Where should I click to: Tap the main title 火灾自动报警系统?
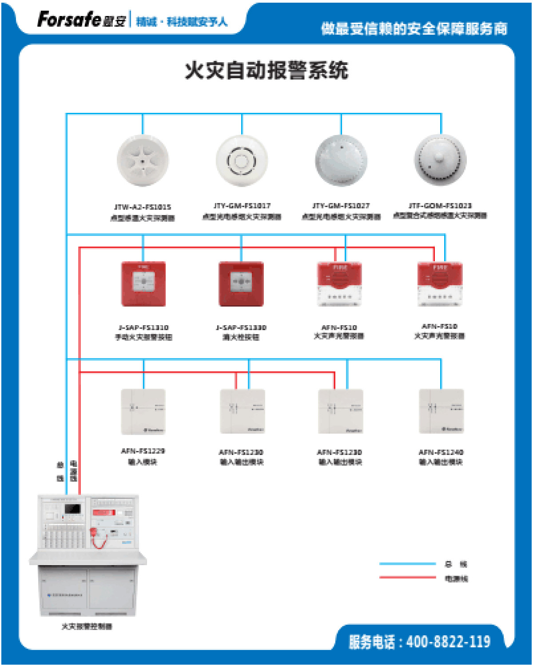[x=266, y=71]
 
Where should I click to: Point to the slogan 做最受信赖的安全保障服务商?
[x=414, y=28]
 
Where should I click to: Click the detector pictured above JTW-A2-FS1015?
[x=143, y=160]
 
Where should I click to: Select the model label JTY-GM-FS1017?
[x=242, y=206]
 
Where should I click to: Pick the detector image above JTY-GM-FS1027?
[x=341, y=160]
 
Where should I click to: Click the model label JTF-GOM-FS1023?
[x=440, y=206]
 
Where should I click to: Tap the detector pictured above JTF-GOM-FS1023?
[x=440, y=160]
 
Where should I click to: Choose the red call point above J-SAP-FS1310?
[x=143, y=284]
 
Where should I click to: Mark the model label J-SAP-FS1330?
[x=241, y=328]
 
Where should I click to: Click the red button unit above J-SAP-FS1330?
[x=241, y=284]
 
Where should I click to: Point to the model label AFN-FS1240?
[x=441, y=452]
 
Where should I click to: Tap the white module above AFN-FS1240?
[x=441, y=411]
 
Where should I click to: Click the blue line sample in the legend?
[x=407, y=564]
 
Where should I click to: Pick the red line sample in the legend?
[x=407, y=578]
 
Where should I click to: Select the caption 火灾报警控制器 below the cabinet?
[x=87, y=626]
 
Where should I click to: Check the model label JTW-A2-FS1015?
[x=142, y=207]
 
